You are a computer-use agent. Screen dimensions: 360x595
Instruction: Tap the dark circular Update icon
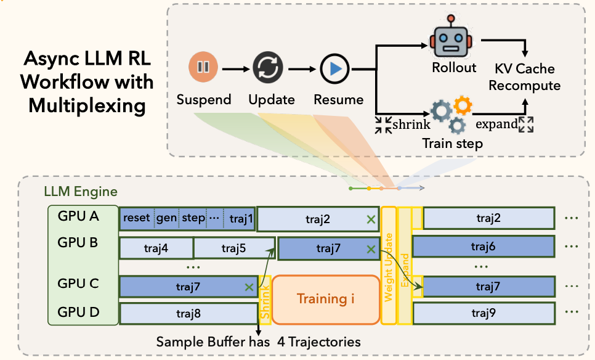coord(267,68)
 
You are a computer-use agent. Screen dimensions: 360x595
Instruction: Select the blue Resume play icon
coord(335,68)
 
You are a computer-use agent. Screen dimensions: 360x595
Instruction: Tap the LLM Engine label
coord(81,193)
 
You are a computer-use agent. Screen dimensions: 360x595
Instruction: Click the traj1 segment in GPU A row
coord(240,218)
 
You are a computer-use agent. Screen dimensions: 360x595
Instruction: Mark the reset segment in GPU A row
coord(137,218)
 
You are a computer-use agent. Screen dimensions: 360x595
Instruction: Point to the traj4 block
coord(156,248)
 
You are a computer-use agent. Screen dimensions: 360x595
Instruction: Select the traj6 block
coord(484,247)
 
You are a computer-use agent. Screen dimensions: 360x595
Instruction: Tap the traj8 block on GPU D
coord(188,314)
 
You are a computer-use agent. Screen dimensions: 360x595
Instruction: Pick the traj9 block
coord(484,313)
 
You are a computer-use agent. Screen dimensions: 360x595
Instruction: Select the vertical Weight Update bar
coord(389,266)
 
